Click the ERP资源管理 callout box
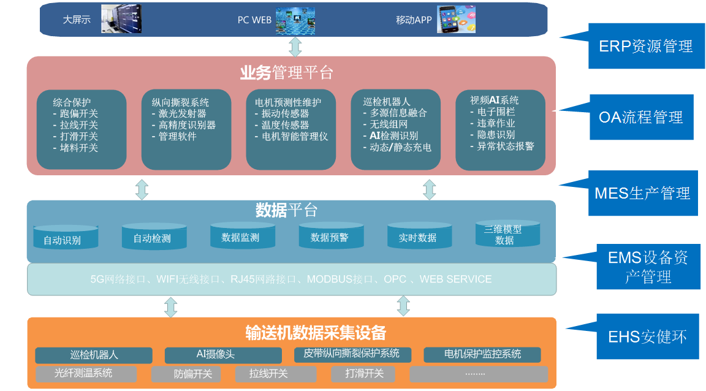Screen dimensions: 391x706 tap(645, 46)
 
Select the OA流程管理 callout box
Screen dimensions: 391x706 tap(640, 116)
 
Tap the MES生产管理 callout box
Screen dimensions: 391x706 tap(642, 193)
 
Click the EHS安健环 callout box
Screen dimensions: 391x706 tap(647, 336)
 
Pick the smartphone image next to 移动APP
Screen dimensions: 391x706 tap(455, 19)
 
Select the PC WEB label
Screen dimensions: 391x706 tap(254, 20)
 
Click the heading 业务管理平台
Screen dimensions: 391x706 tap(286, 73)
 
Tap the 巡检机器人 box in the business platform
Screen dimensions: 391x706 tap(395, 129)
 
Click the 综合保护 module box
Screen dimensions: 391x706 tap(82, 129)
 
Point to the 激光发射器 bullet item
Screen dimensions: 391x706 tap(182, 113)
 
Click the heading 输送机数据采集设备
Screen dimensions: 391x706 tap(316, 333)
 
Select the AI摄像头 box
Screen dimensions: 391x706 tap(223, 355)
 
